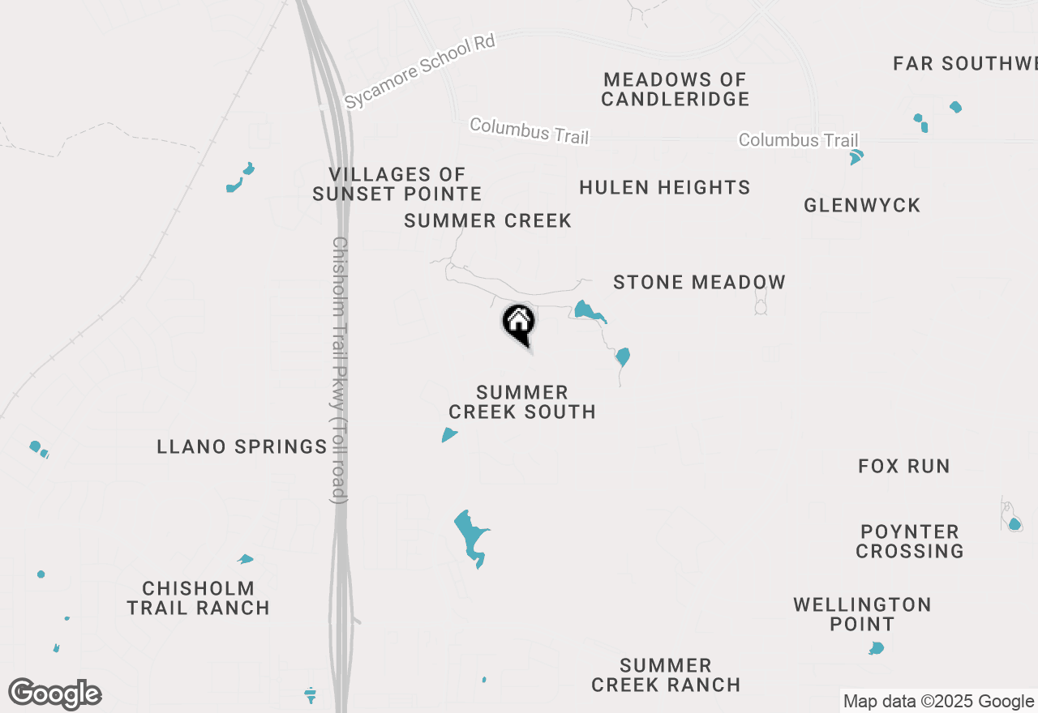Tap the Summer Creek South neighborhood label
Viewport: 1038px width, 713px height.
click(x=522, y=402)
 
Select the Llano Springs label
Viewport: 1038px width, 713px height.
click(x=242, y=446)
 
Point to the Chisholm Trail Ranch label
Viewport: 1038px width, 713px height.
click(x=199, y=598)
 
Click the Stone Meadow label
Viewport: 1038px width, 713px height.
click(x=699, y=282)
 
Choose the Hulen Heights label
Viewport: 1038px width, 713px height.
click(x=665, y=187)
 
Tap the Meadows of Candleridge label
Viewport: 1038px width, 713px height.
click(x=676, y=89)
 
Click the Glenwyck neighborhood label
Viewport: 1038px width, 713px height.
click(x=862, y=205)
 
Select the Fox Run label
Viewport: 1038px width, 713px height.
click(x=904, y=466)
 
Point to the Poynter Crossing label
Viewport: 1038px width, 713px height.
click(x=910, y=541)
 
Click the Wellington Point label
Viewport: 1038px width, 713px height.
click(x=862, y=614)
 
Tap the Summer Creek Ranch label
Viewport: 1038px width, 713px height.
click(x=666, y=675)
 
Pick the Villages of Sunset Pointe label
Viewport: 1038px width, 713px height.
click(x=397, y=184)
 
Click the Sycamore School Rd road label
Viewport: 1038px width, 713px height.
click(x=419, y=71)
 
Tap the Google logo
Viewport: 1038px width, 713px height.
click(x=55, y=694)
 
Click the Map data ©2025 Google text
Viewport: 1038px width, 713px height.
click(x=938, y=702)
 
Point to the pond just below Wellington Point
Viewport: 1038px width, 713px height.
click(x=876, y=648)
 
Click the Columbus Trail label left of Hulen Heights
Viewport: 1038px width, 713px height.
click(x=529, y=130)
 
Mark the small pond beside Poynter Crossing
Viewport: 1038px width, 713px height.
click(x=1014, y=523)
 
